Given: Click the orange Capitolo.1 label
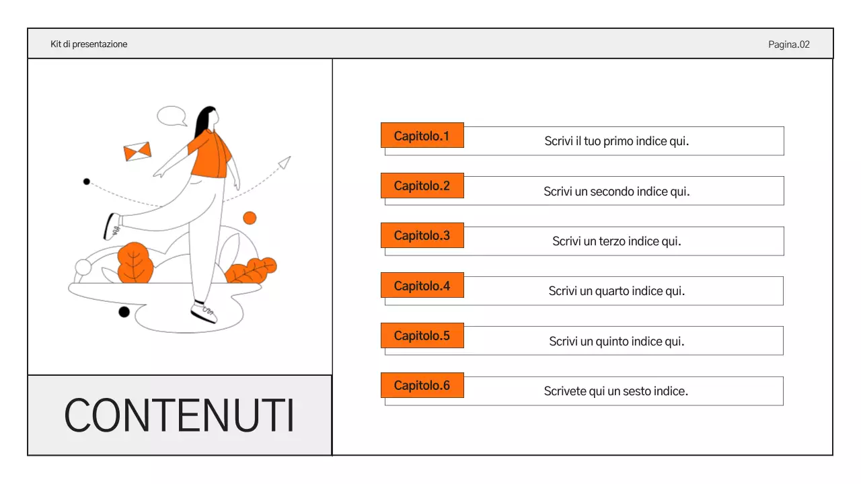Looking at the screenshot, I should click(422, 136).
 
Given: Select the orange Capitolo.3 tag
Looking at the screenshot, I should click(422, 236).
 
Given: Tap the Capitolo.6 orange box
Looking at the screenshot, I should click(422, 386).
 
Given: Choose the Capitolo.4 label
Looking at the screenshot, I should click(422, 286).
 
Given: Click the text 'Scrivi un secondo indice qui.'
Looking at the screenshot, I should click(616, 192).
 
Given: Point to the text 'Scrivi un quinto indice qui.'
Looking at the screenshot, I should click(616, 341).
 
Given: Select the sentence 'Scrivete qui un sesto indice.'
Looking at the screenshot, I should click(615, 391).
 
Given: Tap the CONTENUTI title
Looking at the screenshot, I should click(179, 416).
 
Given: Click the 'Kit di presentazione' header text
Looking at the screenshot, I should click(89, 44).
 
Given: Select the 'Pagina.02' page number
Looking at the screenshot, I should click(788, 45).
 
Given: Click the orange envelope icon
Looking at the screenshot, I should click(137, 152).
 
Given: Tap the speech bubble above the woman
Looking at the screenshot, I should click(172, 116).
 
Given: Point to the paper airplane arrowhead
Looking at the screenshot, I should click(285, 162).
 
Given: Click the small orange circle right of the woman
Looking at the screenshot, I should click(250, 218).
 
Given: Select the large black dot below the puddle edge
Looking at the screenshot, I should click(124, 312).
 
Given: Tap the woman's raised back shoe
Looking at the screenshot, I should click(112, 226).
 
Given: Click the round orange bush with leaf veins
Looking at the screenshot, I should click(135, 263).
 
